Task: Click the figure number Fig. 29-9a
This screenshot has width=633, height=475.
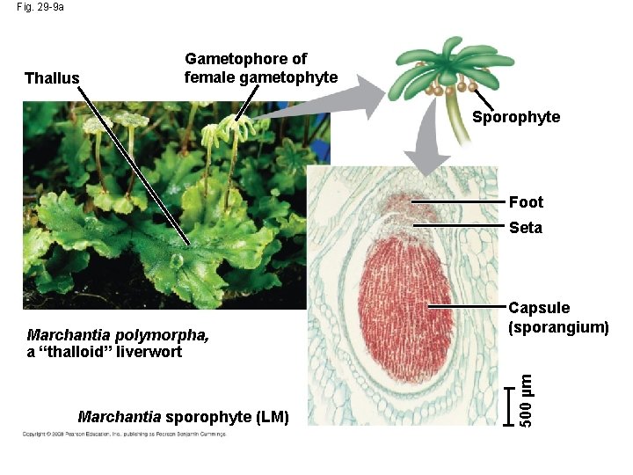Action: pyautogui.click(x=40, y=7)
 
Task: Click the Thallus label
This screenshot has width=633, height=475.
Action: pyautogui.click(x=52, y=79)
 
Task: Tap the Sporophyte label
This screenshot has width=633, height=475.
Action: pyautogui.click(x=515, y=117)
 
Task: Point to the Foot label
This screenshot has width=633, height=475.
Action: pyautogui.click(x=526, y=202)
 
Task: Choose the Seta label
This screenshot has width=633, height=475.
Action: pyautogui.click(x=526, y=228)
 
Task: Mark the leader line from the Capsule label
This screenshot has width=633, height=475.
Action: pyautogui.click(x=466, y=307)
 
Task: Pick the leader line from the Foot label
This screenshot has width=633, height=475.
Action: pyautogui.click(x=457, y=202)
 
